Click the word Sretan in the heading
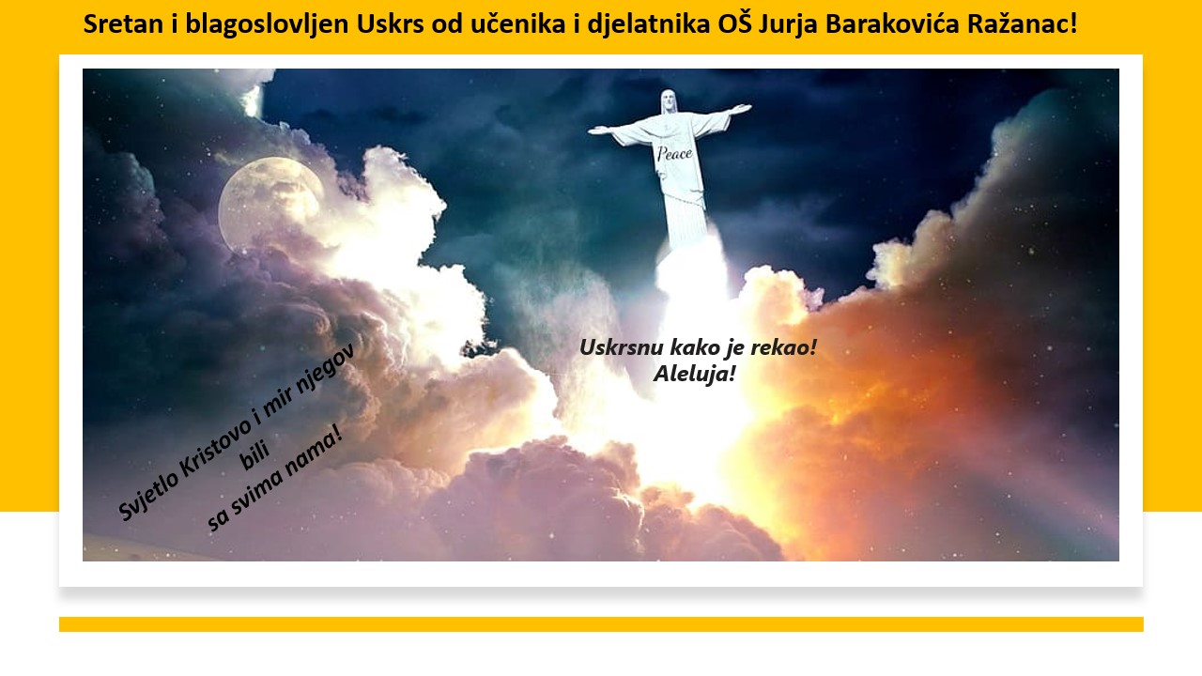[x=123, y=23]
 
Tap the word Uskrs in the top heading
[x=390, y=23]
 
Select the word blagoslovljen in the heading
[x=267, y=24]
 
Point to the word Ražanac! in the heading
[x=1023, y=23]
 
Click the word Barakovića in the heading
[x=892, y=23]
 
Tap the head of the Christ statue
[x=668, y=100]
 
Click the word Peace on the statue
[x=674, y=154]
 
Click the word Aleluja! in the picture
[x=694, y=374]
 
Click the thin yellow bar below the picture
[x=601, y=624]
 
